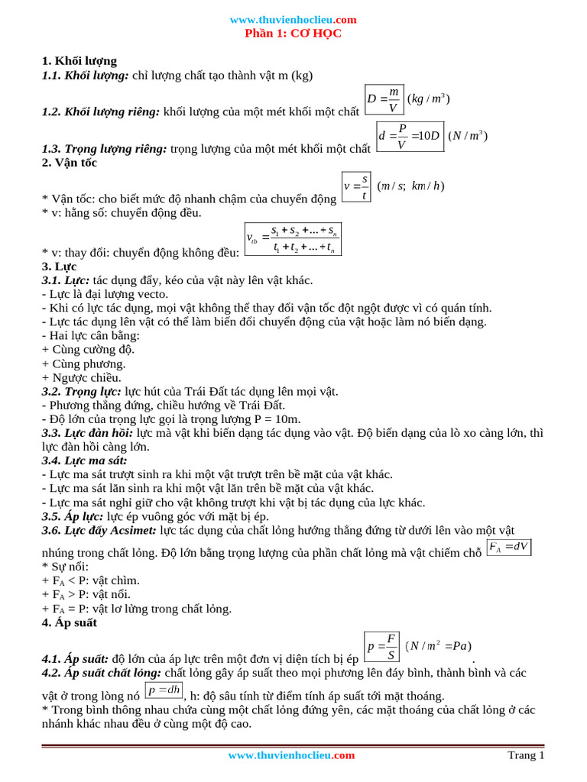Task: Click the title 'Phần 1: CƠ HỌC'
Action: (293, 34)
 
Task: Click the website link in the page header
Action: (293, 20)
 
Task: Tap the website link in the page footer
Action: (291, 755)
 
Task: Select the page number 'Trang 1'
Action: (526, 755)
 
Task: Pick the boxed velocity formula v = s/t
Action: (356, 187)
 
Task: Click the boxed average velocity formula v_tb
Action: (293, 238)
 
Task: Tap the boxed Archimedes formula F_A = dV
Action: (508, 547)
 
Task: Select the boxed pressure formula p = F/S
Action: (381, 646)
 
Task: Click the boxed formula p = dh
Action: (164, 690)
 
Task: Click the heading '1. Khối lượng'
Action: (79, 61)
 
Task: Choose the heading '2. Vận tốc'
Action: (70, 163)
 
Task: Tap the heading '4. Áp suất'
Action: (70, 622)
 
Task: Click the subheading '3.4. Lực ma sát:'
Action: (85, 460)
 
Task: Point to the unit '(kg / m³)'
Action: (428, 99)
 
